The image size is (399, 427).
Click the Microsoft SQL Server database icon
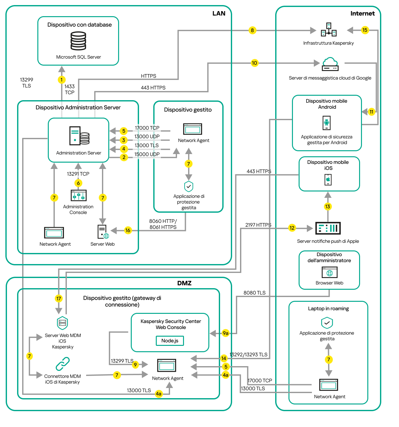(78, 41)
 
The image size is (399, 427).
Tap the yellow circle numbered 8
(252, 30)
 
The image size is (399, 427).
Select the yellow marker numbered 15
(365, 30)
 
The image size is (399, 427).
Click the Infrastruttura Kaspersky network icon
(329, 30)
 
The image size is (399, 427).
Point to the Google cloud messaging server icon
(330, 64)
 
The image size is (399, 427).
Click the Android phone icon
(326, 123)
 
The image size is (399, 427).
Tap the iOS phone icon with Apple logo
(328, 179)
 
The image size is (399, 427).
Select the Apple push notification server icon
(328, 228)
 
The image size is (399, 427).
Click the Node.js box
(170, 341)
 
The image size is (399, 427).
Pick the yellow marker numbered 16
(128, 230)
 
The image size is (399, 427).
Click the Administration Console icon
(79, 196)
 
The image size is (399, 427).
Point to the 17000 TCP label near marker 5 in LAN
(147, 128)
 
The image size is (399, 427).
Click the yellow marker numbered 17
(59, 298)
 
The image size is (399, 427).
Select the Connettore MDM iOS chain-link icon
(63, 364)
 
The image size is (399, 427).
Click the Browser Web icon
(329, 272)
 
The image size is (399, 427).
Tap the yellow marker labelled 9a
(225, 333)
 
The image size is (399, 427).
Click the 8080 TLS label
(254, 293)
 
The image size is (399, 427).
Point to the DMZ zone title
(184, 283)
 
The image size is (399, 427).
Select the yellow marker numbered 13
(327, 207)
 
